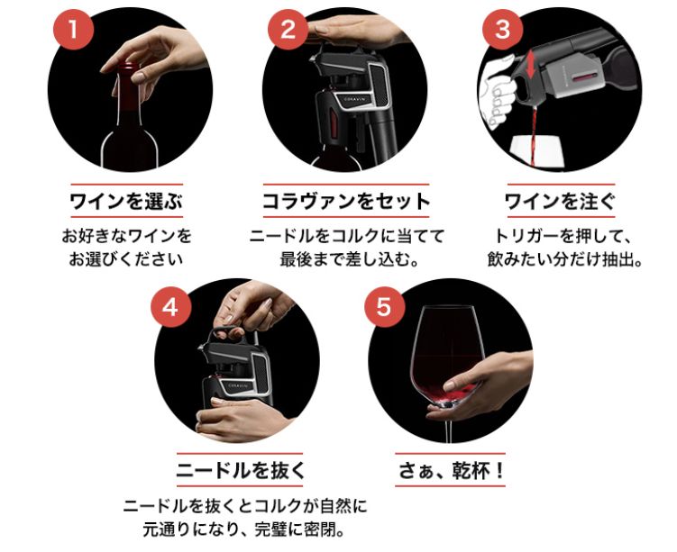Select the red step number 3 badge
[x=502, y=28]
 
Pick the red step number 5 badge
[x=384, y=306]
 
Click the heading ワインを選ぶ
[x=125, y=200]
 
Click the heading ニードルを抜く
[x=239, y=469]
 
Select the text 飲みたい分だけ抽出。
[x=558, y=260]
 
